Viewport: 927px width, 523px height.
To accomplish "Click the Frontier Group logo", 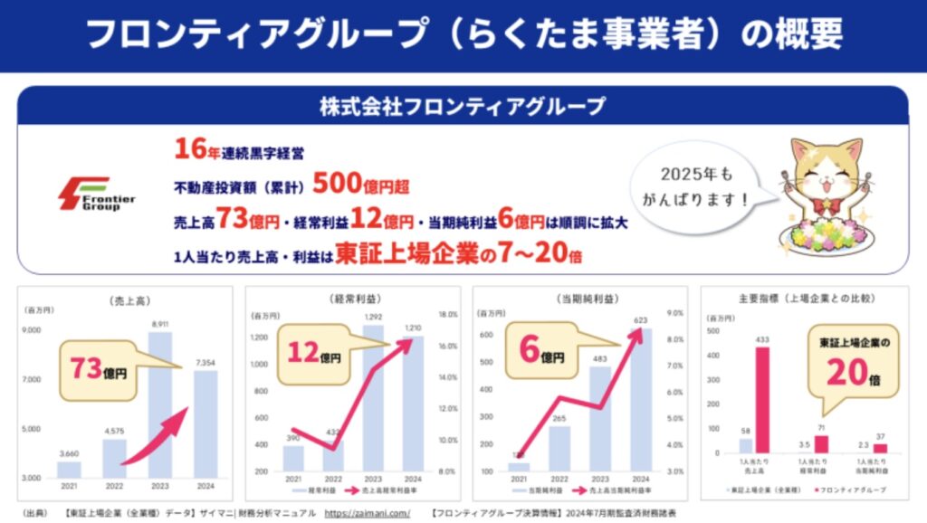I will point(95,193).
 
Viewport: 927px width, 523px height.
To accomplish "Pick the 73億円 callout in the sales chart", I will point(100,369).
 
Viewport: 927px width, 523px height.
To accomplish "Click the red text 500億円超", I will point(361,185).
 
